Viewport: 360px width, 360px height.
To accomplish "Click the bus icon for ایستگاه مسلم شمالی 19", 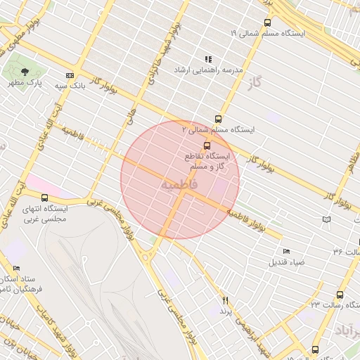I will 267,22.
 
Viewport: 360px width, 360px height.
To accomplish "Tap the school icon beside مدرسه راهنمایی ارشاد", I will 207,60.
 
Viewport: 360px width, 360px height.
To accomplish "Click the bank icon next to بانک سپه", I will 70,75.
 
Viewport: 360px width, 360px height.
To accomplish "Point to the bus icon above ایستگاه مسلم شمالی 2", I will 218,119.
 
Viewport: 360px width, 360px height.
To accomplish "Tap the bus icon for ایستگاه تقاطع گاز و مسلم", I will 206,145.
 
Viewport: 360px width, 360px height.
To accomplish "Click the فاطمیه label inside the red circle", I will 180,184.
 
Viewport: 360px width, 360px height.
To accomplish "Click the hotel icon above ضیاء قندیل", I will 285,252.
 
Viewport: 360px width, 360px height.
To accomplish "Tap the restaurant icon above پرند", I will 226,300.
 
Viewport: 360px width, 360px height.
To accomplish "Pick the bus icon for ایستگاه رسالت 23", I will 340,295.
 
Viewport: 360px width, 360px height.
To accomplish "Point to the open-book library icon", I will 326,219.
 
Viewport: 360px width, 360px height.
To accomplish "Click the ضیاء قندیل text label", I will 286,262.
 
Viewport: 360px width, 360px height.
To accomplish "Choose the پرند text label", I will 226,311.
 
